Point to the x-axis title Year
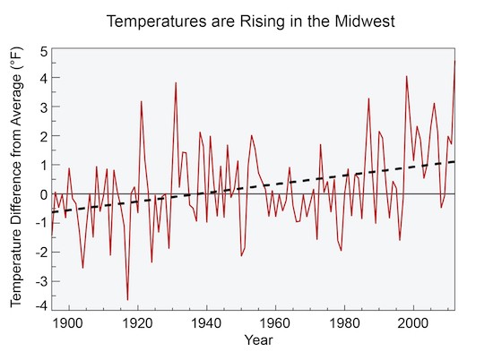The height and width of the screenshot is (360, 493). pos(257,341)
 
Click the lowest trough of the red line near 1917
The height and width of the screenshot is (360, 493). pos(127,299)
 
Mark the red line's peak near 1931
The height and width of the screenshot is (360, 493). pos(176,82)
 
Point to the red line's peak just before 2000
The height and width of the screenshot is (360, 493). pos(407,77)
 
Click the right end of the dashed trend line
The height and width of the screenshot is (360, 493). pos(455,162)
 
